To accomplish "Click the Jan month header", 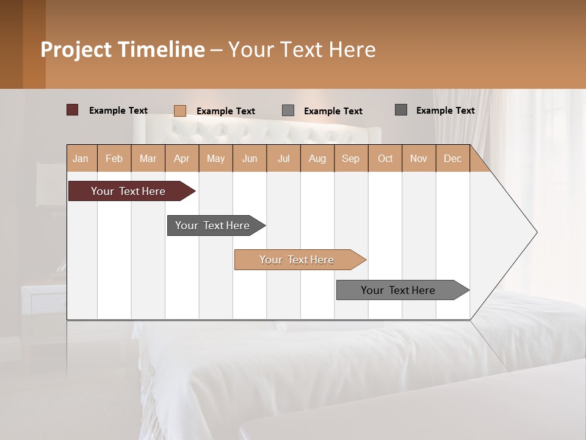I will tap(81, 158).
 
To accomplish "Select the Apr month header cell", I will tap(182, 158).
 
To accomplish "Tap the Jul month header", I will tap(283, 158).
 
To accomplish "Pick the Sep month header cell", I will tap(351, 158).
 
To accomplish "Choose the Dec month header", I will tap(452, 158).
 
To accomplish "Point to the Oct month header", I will tap(385, 158).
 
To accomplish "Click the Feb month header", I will tap(114, 158).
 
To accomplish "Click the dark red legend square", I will tap(73, 110).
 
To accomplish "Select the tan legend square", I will tap(180, 111).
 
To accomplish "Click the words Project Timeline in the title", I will tap(122, 50).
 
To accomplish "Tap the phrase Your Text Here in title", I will tap(302, 50).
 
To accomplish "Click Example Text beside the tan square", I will tap(226, 111).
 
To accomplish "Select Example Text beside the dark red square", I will tap(118, 111).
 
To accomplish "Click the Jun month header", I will tap(250, 158).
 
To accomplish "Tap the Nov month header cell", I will tap(419, 158).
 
